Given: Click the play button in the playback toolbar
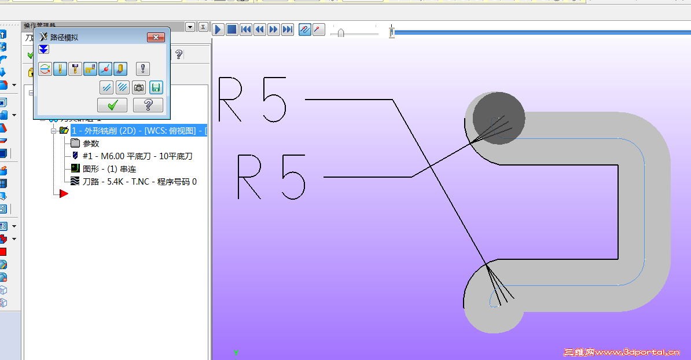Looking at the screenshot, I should (x=218, y=30).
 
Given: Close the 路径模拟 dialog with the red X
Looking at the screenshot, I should (x=156, y=38).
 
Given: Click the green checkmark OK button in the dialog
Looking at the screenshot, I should (x=113, y=105).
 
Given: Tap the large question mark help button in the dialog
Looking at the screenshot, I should (x=148, y=105).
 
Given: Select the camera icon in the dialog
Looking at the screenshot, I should (x=139, y=87).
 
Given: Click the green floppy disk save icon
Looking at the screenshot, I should (x=156, y=87).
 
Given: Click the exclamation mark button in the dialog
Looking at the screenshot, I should (x=143, y=69).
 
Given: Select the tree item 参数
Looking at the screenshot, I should (x=91, y=144).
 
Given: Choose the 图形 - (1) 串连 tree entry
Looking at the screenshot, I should (x=109, y=169).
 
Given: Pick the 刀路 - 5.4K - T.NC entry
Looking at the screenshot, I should (x=139, y=182).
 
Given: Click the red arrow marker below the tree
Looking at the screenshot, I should (x=64, y=194).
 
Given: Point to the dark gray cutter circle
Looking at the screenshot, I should (x=499, y=116).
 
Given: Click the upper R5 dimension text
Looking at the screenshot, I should (x=253, y=100).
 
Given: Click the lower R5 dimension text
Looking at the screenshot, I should (x=271, y=176).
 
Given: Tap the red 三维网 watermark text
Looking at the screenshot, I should (x=579, y=352).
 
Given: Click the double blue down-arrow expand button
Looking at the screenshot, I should (x=43, y=50).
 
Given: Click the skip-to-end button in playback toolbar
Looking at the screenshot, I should (x=288, y=30).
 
